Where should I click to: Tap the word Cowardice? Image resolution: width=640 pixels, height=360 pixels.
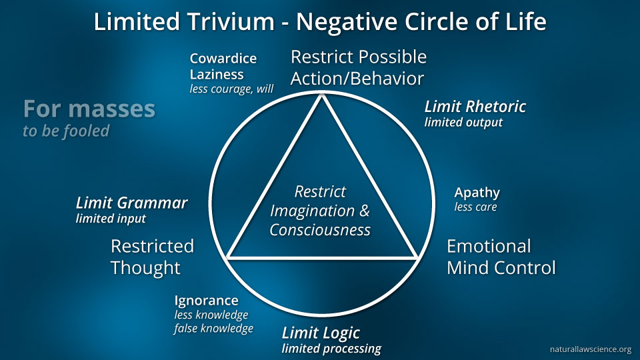point(223,59)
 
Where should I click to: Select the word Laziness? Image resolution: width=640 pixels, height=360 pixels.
point(217,74)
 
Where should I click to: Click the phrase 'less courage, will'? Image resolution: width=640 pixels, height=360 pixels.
point(231,89)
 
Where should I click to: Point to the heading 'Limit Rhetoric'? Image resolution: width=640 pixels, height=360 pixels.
point(475,107)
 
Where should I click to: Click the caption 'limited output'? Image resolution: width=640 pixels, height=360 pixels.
point(463,123)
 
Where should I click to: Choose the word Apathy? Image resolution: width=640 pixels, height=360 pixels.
point(477,193)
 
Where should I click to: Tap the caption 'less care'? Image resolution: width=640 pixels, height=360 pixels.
point(475,207)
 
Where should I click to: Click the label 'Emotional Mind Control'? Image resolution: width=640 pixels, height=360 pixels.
point(501,257)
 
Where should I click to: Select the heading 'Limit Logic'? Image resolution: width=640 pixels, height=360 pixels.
point(321,333)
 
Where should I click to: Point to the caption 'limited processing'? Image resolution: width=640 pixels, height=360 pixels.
point(331,349)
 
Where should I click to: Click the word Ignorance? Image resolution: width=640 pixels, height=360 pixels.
point(206,300)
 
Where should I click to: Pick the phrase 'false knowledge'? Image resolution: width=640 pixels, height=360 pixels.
point(213,329)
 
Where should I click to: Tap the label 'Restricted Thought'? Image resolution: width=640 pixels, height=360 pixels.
point(152,257)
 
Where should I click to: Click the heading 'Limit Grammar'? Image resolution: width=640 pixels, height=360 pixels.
point(132,203)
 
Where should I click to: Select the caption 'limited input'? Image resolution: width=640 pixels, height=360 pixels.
point(111,218)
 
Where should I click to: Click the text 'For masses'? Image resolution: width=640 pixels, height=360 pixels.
point(89,109)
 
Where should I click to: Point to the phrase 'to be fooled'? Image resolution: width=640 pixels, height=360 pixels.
point(66,131)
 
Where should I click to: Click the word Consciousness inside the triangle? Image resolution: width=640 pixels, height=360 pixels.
point(320,230)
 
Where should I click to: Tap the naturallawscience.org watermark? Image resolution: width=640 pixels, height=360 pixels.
point(590,349)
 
